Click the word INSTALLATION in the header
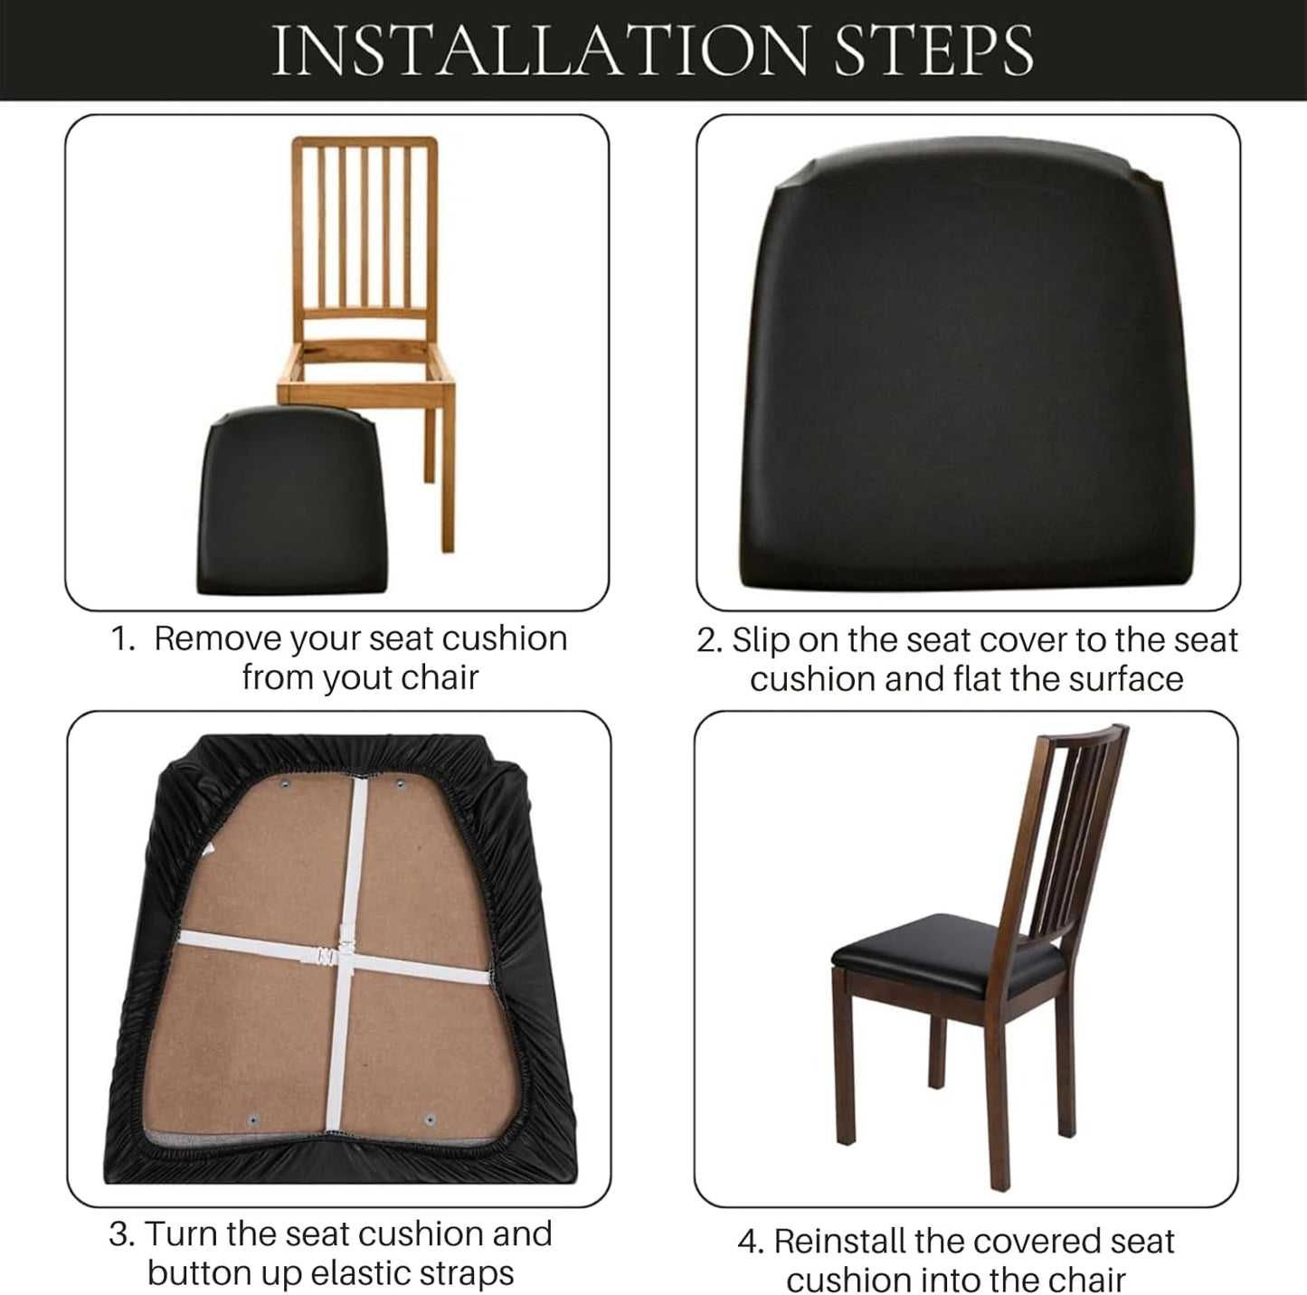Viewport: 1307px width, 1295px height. pyautogui.click(x=540, y=50)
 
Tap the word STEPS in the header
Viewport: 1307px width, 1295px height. pyautogui.click(x=934, y=50)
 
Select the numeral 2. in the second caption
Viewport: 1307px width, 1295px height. pyautogui.click(x=710, y=640)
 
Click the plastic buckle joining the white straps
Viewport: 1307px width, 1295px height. pyautogui.click(x=329, y=955)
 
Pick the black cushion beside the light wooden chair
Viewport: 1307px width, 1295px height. pyautogui.click(x=291, y=501)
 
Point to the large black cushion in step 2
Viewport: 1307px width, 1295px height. pyautogui.click(x=968, y=365)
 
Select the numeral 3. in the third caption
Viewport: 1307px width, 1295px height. pyautogui.click(x=122, y=1234)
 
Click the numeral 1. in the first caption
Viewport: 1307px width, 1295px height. pyautogui.click(x=123, y=639)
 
